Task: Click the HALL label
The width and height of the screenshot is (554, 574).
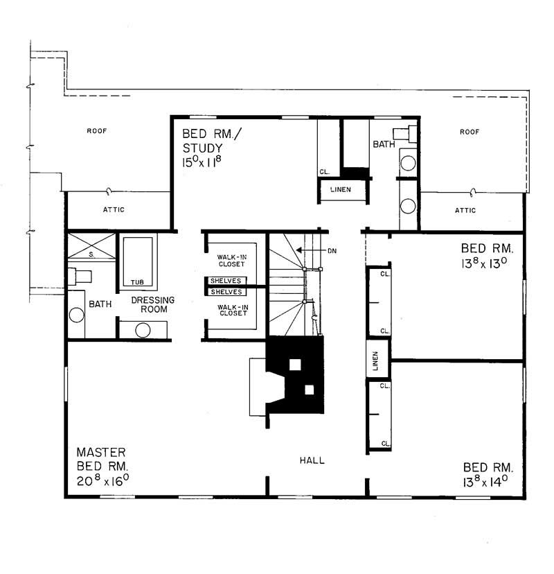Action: click(312, 460)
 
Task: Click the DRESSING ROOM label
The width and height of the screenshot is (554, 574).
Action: click(153, 304)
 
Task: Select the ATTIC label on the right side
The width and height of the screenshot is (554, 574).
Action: click(466, 210)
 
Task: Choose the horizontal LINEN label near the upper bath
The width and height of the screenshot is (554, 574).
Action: click(340, 190)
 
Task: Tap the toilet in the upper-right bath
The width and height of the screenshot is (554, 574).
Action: click(404, 133)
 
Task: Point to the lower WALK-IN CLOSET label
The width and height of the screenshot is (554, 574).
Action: click(233, 309)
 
